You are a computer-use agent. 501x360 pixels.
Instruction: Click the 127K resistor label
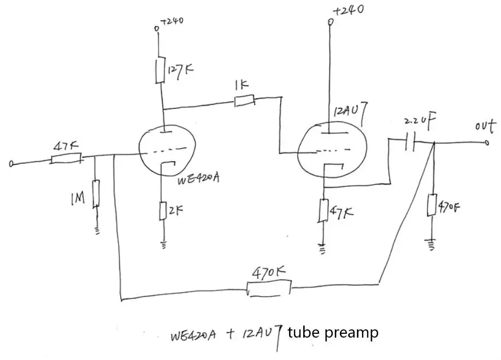[181, 71]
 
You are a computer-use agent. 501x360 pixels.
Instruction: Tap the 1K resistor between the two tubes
[244, 101]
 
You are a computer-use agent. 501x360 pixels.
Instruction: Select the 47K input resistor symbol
[67, 159]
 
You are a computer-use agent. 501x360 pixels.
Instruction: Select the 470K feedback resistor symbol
[269, 288]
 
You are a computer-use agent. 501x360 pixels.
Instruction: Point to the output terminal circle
[487, 144]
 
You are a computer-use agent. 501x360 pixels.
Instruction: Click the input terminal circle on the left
[11, 163]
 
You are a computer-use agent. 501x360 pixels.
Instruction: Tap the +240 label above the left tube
[172, 21]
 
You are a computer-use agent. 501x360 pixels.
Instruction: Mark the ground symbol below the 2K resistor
[163, 245]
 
